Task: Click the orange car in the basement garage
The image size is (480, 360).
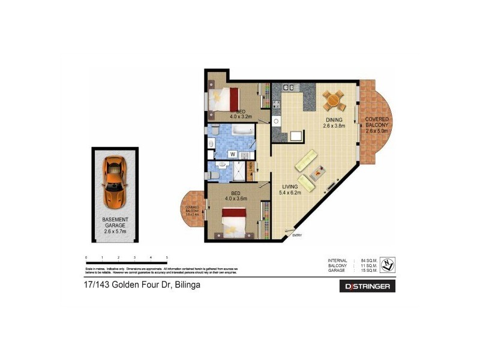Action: click(114, 180)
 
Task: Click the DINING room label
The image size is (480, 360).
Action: click(334, 119)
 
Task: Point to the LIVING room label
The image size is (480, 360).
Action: click(291, 187)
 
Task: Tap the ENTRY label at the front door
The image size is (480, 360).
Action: click(296, 235)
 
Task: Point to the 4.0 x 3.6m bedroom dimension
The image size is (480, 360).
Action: click(236, 199)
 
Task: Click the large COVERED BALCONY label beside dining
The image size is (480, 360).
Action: click(377, 124)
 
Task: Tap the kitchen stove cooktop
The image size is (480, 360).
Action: click(277, 108)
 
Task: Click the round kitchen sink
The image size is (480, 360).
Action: click(277, 121)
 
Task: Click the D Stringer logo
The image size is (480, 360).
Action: click(367, 286)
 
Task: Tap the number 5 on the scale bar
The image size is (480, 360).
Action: click(167, 257)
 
